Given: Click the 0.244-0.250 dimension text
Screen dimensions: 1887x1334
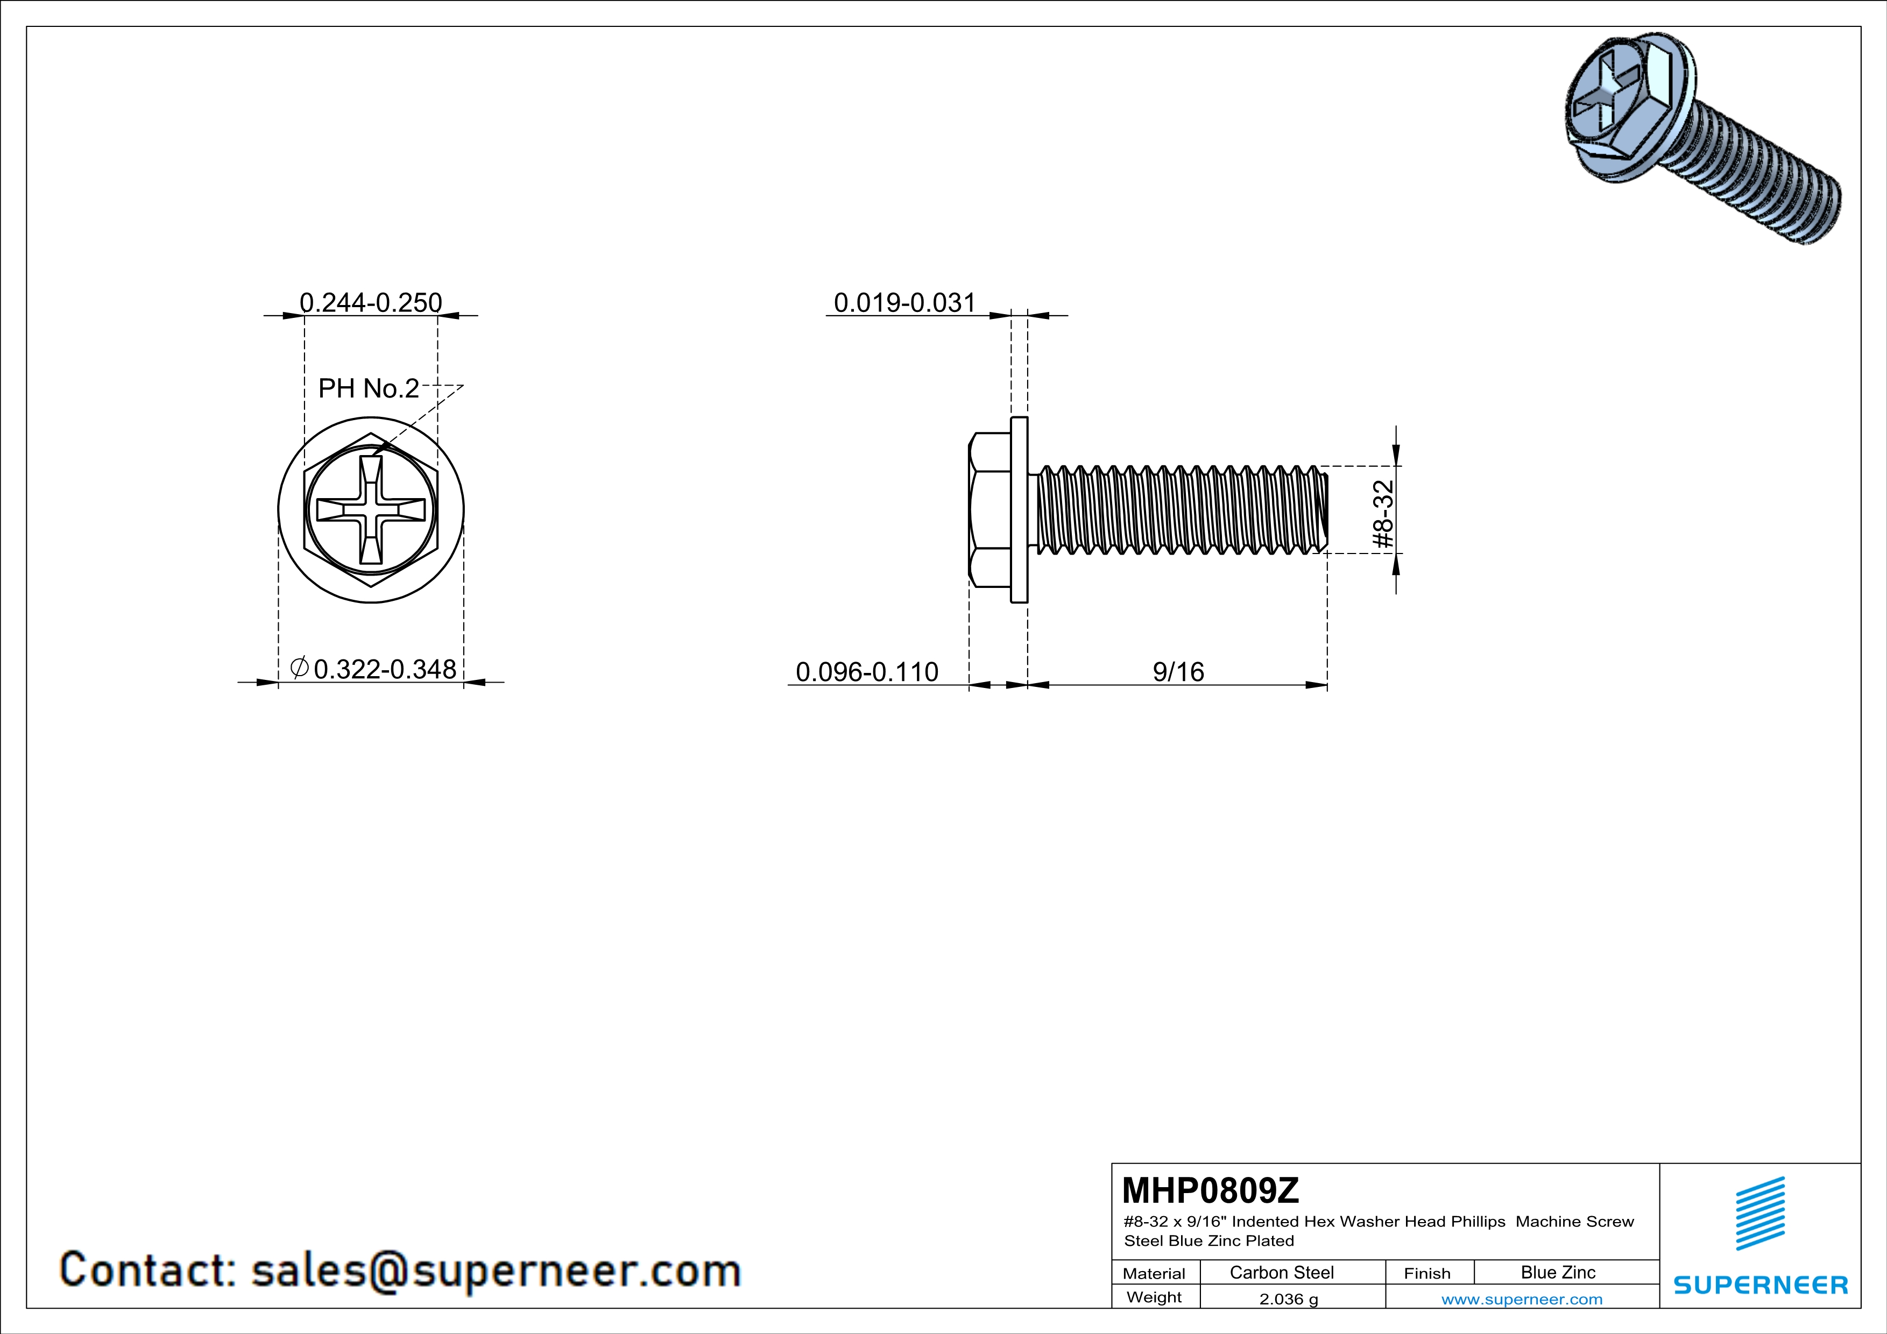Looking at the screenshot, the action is pos(371,302).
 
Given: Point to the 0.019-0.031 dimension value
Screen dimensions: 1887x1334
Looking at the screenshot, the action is pos(905,302).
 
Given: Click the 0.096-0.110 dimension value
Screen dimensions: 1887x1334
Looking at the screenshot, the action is pos(867,672).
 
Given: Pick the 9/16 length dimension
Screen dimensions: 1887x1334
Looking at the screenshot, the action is pos(1178,672).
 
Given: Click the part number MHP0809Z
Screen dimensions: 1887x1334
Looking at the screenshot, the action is pos(1211,1190).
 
